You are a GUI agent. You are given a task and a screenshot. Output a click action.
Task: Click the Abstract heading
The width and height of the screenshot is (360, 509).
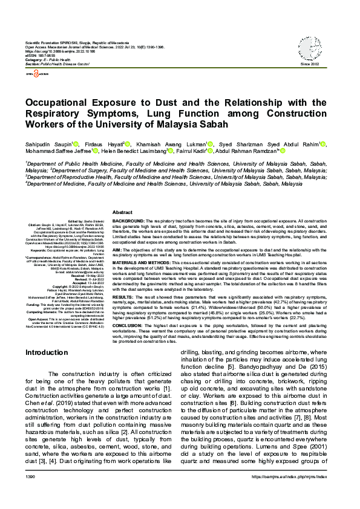122,213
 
